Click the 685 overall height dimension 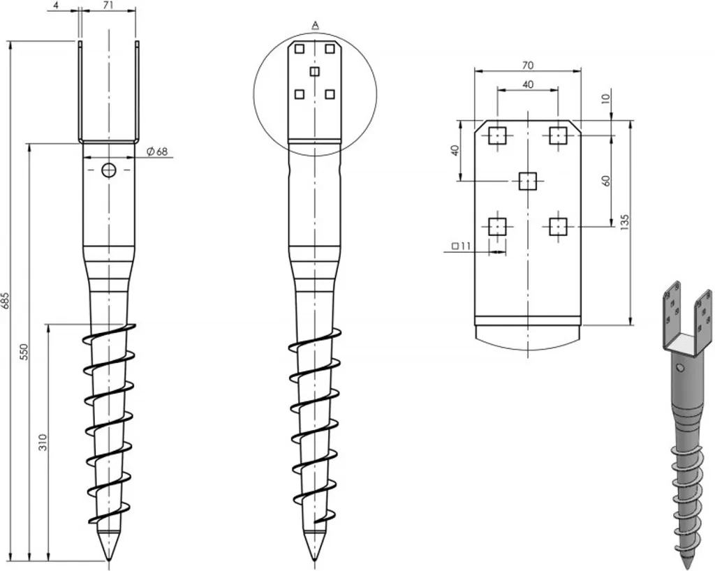tap(6, 300)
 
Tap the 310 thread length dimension tap(43, 442)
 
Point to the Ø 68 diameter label tap(158, 151)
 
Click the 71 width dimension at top tap(108, 6)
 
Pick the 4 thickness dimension tap(56, 6)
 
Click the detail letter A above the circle tap(315, 25)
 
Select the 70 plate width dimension tap(528, 66)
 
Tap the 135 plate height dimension tap(625, 223)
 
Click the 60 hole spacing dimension tap(606, 181)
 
